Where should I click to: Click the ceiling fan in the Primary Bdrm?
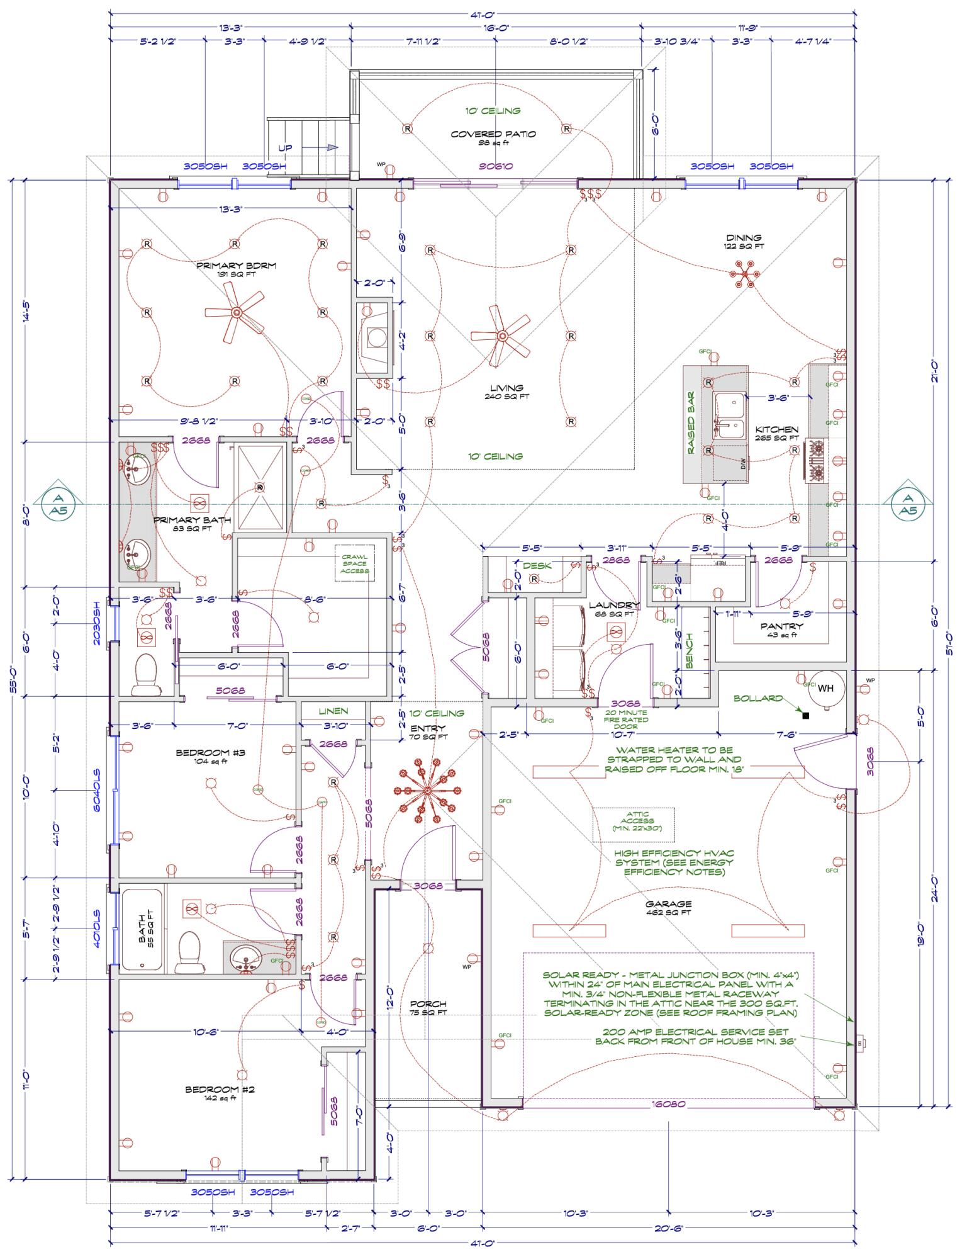pos(237,313)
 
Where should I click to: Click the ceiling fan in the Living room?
pos(502,336)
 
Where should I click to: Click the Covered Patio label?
pos(493,134)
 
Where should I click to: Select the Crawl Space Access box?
pos(355,563)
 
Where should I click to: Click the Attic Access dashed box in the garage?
pos(634,825)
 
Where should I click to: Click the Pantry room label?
pos(781,626)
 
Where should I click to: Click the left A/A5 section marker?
pos(58,504)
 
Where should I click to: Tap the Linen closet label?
pos(333,711)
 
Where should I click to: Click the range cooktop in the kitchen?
pos(817,460)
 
